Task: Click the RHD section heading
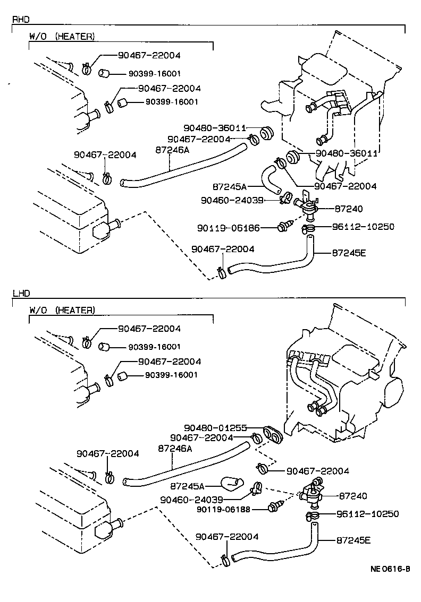[x=21, y=20]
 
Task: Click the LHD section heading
[x=21, y=293]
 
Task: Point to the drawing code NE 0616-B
[x=390, y=570]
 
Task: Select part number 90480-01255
[x=215, y=427]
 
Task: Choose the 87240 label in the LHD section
[x=352, y=496]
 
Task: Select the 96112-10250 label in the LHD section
[x=367, y=514]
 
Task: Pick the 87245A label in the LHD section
[x=188, y=485]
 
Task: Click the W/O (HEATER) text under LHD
[x=62, y=309]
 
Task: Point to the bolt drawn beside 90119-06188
[x=275, y=506]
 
